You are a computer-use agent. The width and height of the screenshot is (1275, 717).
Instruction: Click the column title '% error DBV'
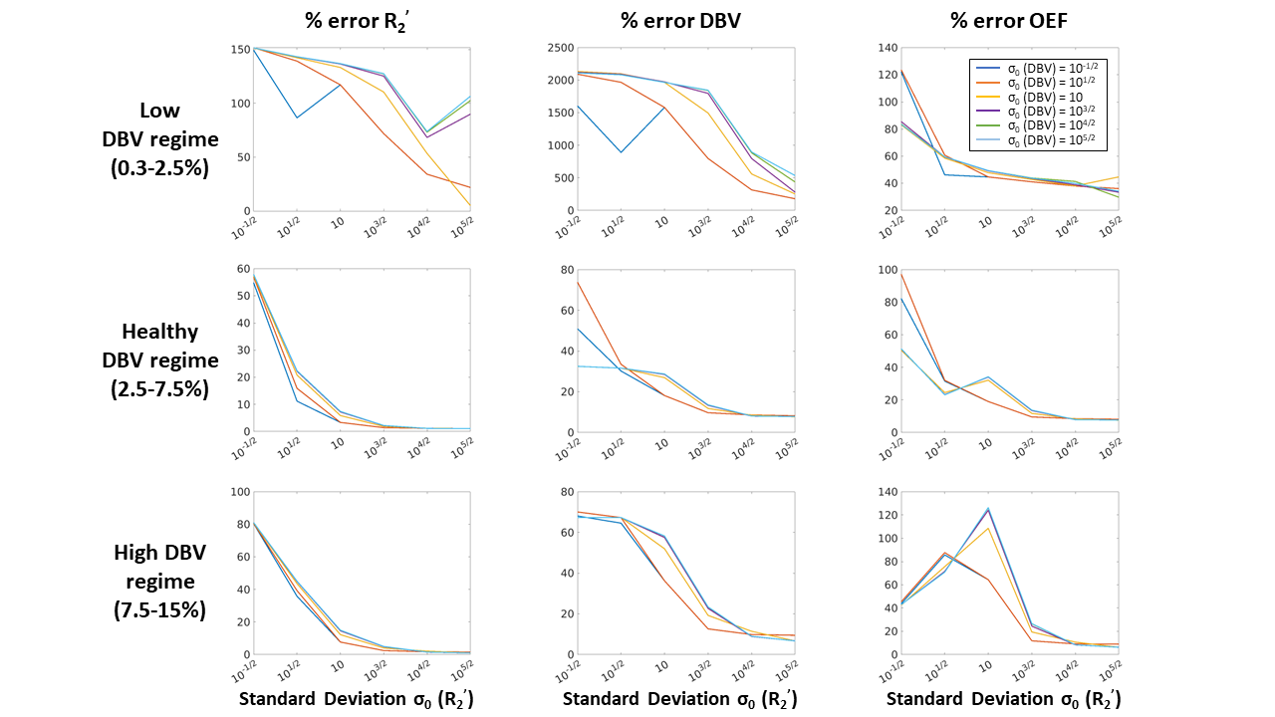click(678, 21)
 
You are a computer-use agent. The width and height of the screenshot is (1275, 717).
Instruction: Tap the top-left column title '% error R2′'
click(355, 21)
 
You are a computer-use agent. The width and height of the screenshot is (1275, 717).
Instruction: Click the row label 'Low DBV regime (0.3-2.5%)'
click(160, 138)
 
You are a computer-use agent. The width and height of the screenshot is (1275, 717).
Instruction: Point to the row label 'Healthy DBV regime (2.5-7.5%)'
click(160, 359)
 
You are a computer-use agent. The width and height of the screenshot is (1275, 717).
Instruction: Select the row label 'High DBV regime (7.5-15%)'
click(160, 581)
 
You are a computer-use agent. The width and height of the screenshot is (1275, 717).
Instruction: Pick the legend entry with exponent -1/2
click(1036, 67)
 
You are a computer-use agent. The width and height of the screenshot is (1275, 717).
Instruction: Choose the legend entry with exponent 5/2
click(1036, 141)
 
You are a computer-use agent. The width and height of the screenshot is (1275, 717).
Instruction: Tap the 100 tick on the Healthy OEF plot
click(884, 269)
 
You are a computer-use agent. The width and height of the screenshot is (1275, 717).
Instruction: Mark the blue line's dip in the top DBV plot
click(621, 152)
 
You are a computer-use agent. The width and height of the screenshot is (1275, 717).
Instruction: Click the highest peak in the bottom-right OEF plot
click(987, 509)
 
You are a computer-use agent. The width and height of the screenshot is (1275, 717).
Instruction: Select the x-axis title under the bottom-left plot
click(356, 699)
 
